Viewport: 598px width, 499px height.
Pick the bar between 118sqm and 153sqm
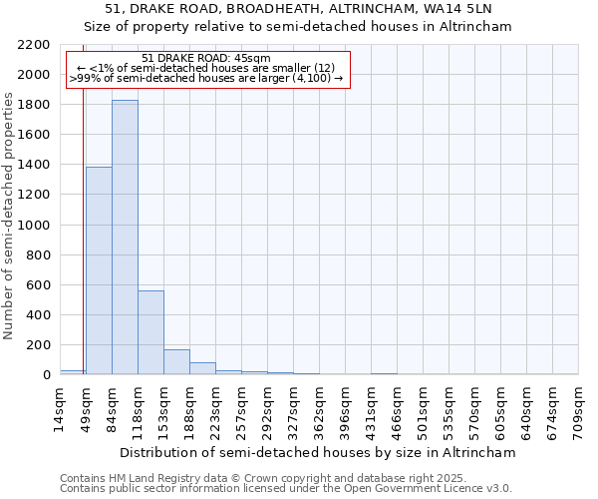pyautogui.click(x=150, y=332)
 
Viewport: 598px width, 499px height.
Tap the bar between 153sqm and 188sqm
pyautogui.click(x=176, y=362)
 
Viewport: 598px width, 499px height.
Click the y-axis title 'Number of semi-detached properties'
pyautogui.click(x=10, y=216)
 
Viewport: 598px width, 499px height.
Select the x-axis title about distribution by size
pyautogui.click(x=319, y=452)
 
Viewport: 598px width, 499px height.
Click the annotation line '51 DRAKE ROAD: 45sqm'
pyautogui.click(x=206, y=59)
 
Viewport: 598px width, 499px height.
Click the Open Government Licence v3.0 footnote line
pyautogui.click(x=286, y=489)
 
